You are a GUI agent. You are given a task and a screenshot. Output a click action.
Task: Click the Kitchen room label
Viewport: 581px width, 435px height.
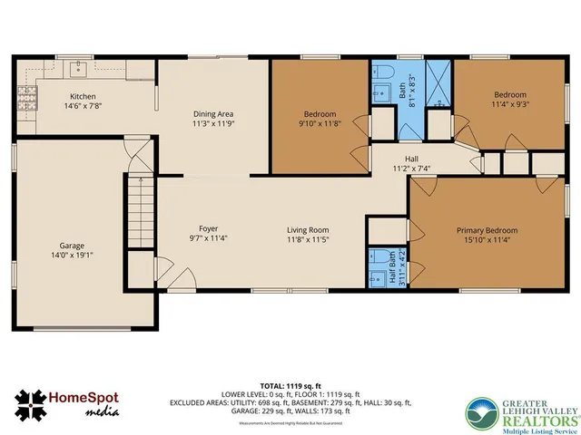[x=84, y=97]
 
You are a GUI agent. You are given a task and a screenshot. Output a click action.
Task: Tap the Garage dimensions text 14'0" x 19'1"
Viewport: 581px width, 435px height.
[x=72, y=255]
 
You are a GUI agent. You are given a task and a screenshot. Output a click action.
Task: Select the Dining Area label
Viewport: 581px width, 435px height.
[x=214, y=114]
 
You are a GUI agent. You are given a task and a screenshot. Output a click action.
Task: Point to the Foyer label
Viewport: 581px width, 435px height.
[x=209, y=228]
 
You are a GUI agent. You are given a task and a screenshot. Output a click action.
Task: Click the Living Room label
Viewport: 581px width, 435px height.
[x=308, y=230]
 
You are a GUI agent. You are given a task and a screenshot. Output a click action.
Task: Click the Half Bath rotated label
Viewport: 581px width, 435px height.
[x=393, y=266]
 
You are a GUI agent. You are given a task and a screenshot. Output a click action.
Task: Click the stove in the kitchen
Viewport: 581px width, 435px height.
[x=25, y=95]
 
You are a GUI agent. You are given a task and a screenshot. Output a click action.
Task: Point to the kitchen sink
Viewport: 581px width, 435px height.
[x=80, y=66]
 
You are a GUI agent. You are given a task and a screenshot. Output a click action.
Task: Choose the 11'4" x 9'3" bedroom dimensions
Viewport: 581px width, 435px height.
[x=510, y=104]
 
